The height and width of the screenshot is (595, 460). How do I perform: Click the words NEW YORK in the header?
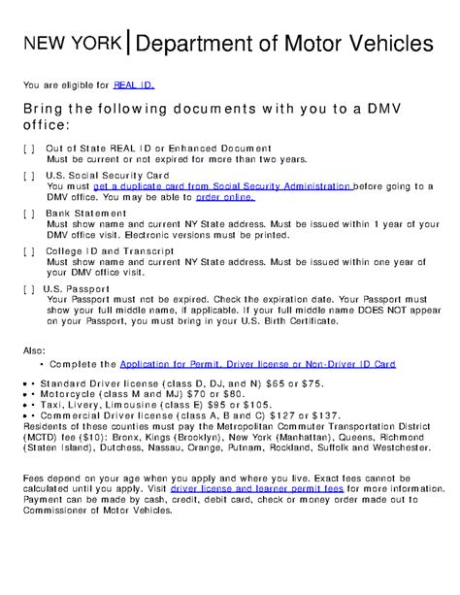(74, 44)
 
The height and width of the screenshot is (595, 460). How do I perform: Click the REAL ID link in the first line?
(134, 85)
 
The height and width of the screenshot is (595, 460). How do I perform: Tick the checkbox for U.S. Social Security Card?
(28, 176)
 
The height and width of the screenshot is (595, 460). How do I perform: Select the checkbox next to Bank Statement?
(28, 213)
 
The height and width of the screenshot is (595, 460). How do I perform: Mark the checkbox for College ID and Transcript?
(28, 250)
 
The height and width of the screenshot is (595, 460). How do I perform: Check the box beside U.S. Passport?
(28, 288)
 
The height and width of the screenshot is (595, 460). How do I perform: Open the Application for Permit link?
(257, 364)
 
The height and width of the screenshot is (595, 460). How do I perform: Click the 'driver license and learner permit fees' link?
(256, 490)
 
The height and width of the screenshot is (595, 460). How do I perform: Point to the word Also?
(34, 349)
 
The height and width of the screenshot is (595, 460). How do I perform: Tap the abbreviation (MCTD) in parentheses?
(43, 438)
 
